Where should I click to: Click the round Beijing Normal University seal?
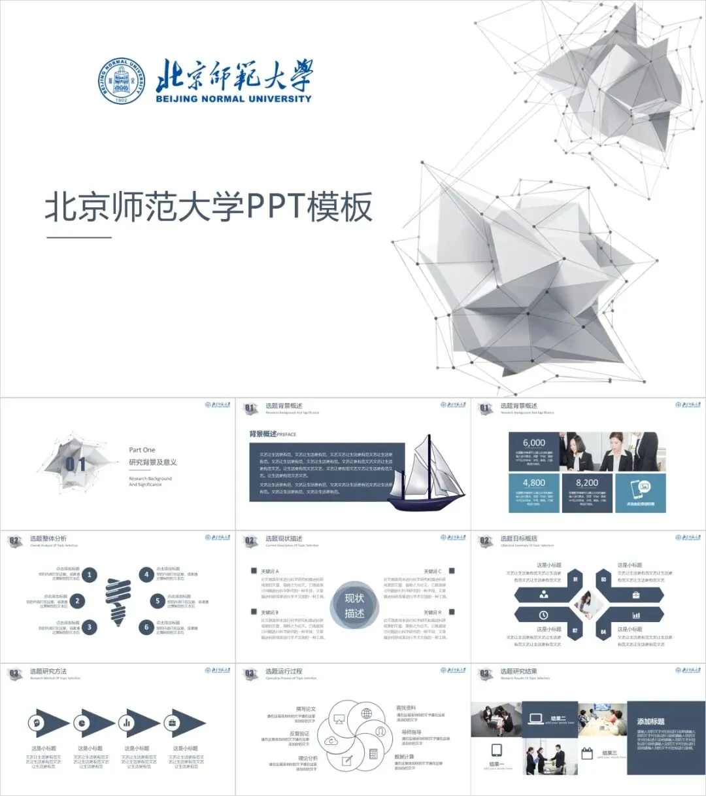(x=122, y=81)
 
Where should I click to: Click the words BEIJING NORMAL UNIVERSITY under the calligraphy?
(x=233, y=99)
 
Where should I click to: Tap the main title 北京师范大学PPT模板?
(x=209, y=207)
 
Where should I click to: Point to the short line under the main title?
(x=79, y=237)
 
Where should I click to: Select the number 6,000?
(x=533, y=443)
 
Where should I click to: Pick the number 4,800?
(x=533, y=483)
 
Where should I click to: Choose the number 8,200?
(x=586, y=483)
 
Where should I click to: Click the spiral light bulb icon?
(x=118, y=600)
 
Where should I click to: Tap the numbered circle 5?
(x=157, y=600)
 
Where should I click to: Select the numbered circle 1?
(x=90, y=575)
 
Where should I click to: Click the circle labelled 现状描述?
(x=354, y=606)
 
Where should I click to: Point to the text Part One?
(x=142, y=450)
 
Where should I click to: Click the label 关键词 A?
(x=269, y=571)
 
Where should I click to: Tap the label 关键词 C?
(x=432, y=571)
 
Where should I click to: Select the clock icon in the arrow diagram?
(x=543, y=615)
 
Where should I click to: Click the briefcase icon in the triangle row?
(x=173, y=723)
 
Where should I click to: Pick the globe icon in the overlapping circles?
(x=367, y=713)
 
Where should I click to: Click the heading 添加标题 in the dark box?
(x=650, y=721)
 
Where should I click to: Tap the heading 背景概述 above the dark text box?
(x=263, y=434)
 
